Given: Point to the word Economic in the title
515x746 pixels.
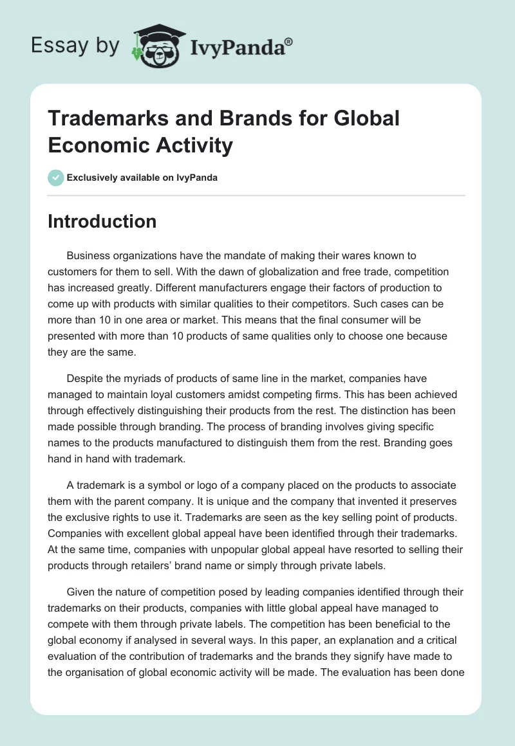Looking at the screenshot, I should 94,145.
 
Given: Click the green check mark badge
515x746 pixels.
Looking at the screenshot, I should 56,177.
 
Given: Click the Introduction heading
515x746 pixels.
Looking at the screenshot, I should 102,221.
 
